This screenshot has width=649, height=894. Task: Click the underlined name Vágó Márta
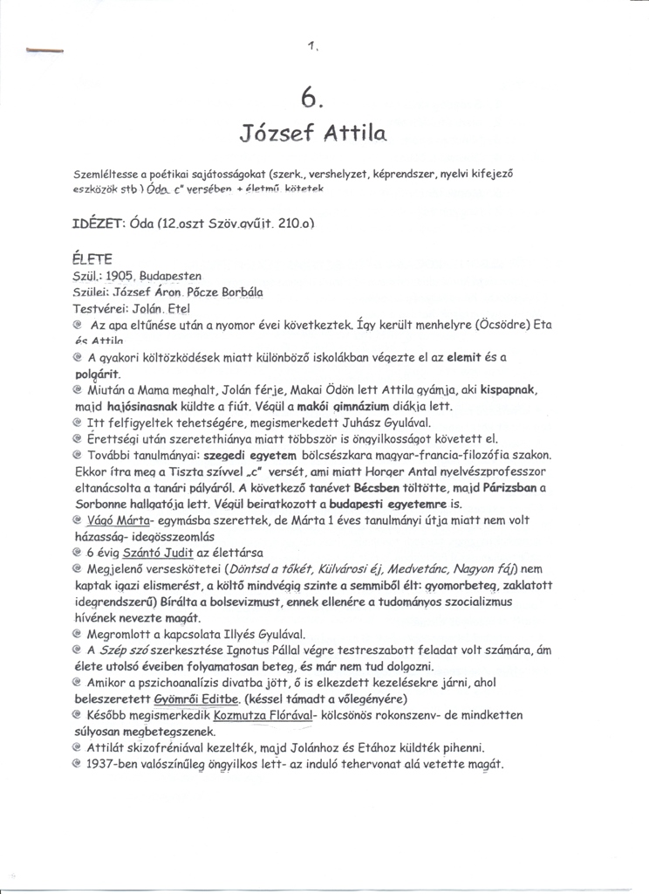(x=117, y=521)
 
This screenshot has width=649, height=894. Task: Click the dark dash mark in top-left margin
(x=45, y=52)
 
